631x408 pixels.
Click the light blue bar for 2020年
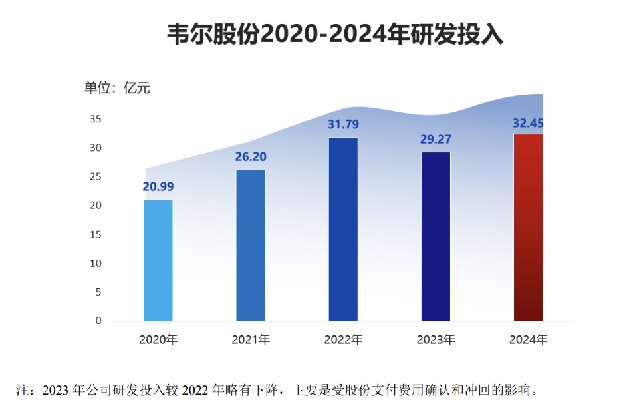[x=158, y=260]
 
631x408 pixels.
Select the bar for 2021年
[x=251, y=246]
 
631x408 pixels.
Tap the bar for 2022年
[x=343, y=229]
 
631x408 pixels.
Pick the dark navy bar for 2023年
[x=436, y=236]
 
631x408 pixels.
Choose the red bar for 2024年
[x=528, y=227]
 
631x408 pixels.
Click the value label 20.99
[x=158, y=186]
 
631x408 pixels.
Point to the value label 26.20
[x=251, y=157]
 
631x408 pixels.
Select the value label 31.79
[x=343, y=124]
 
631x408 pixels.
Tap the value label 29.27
[x=436, y=139]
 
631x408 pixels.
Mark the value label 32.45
[x=528, y=122]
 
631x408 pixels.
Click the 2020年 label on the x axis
[x=158, y=340]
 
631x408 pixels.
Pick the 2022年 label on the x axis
[x=343, y=340]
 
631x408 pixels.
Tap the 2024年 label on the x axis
[x=528, y=340]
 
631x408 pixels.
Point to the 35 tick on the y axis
[x=95, y=119]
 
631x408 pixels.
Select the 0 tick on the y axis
[x=98, y=321]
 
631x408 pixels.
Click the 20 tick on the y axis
[x=95, y=206]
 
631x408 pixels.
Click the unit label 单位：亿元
[x=117, y=88]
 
